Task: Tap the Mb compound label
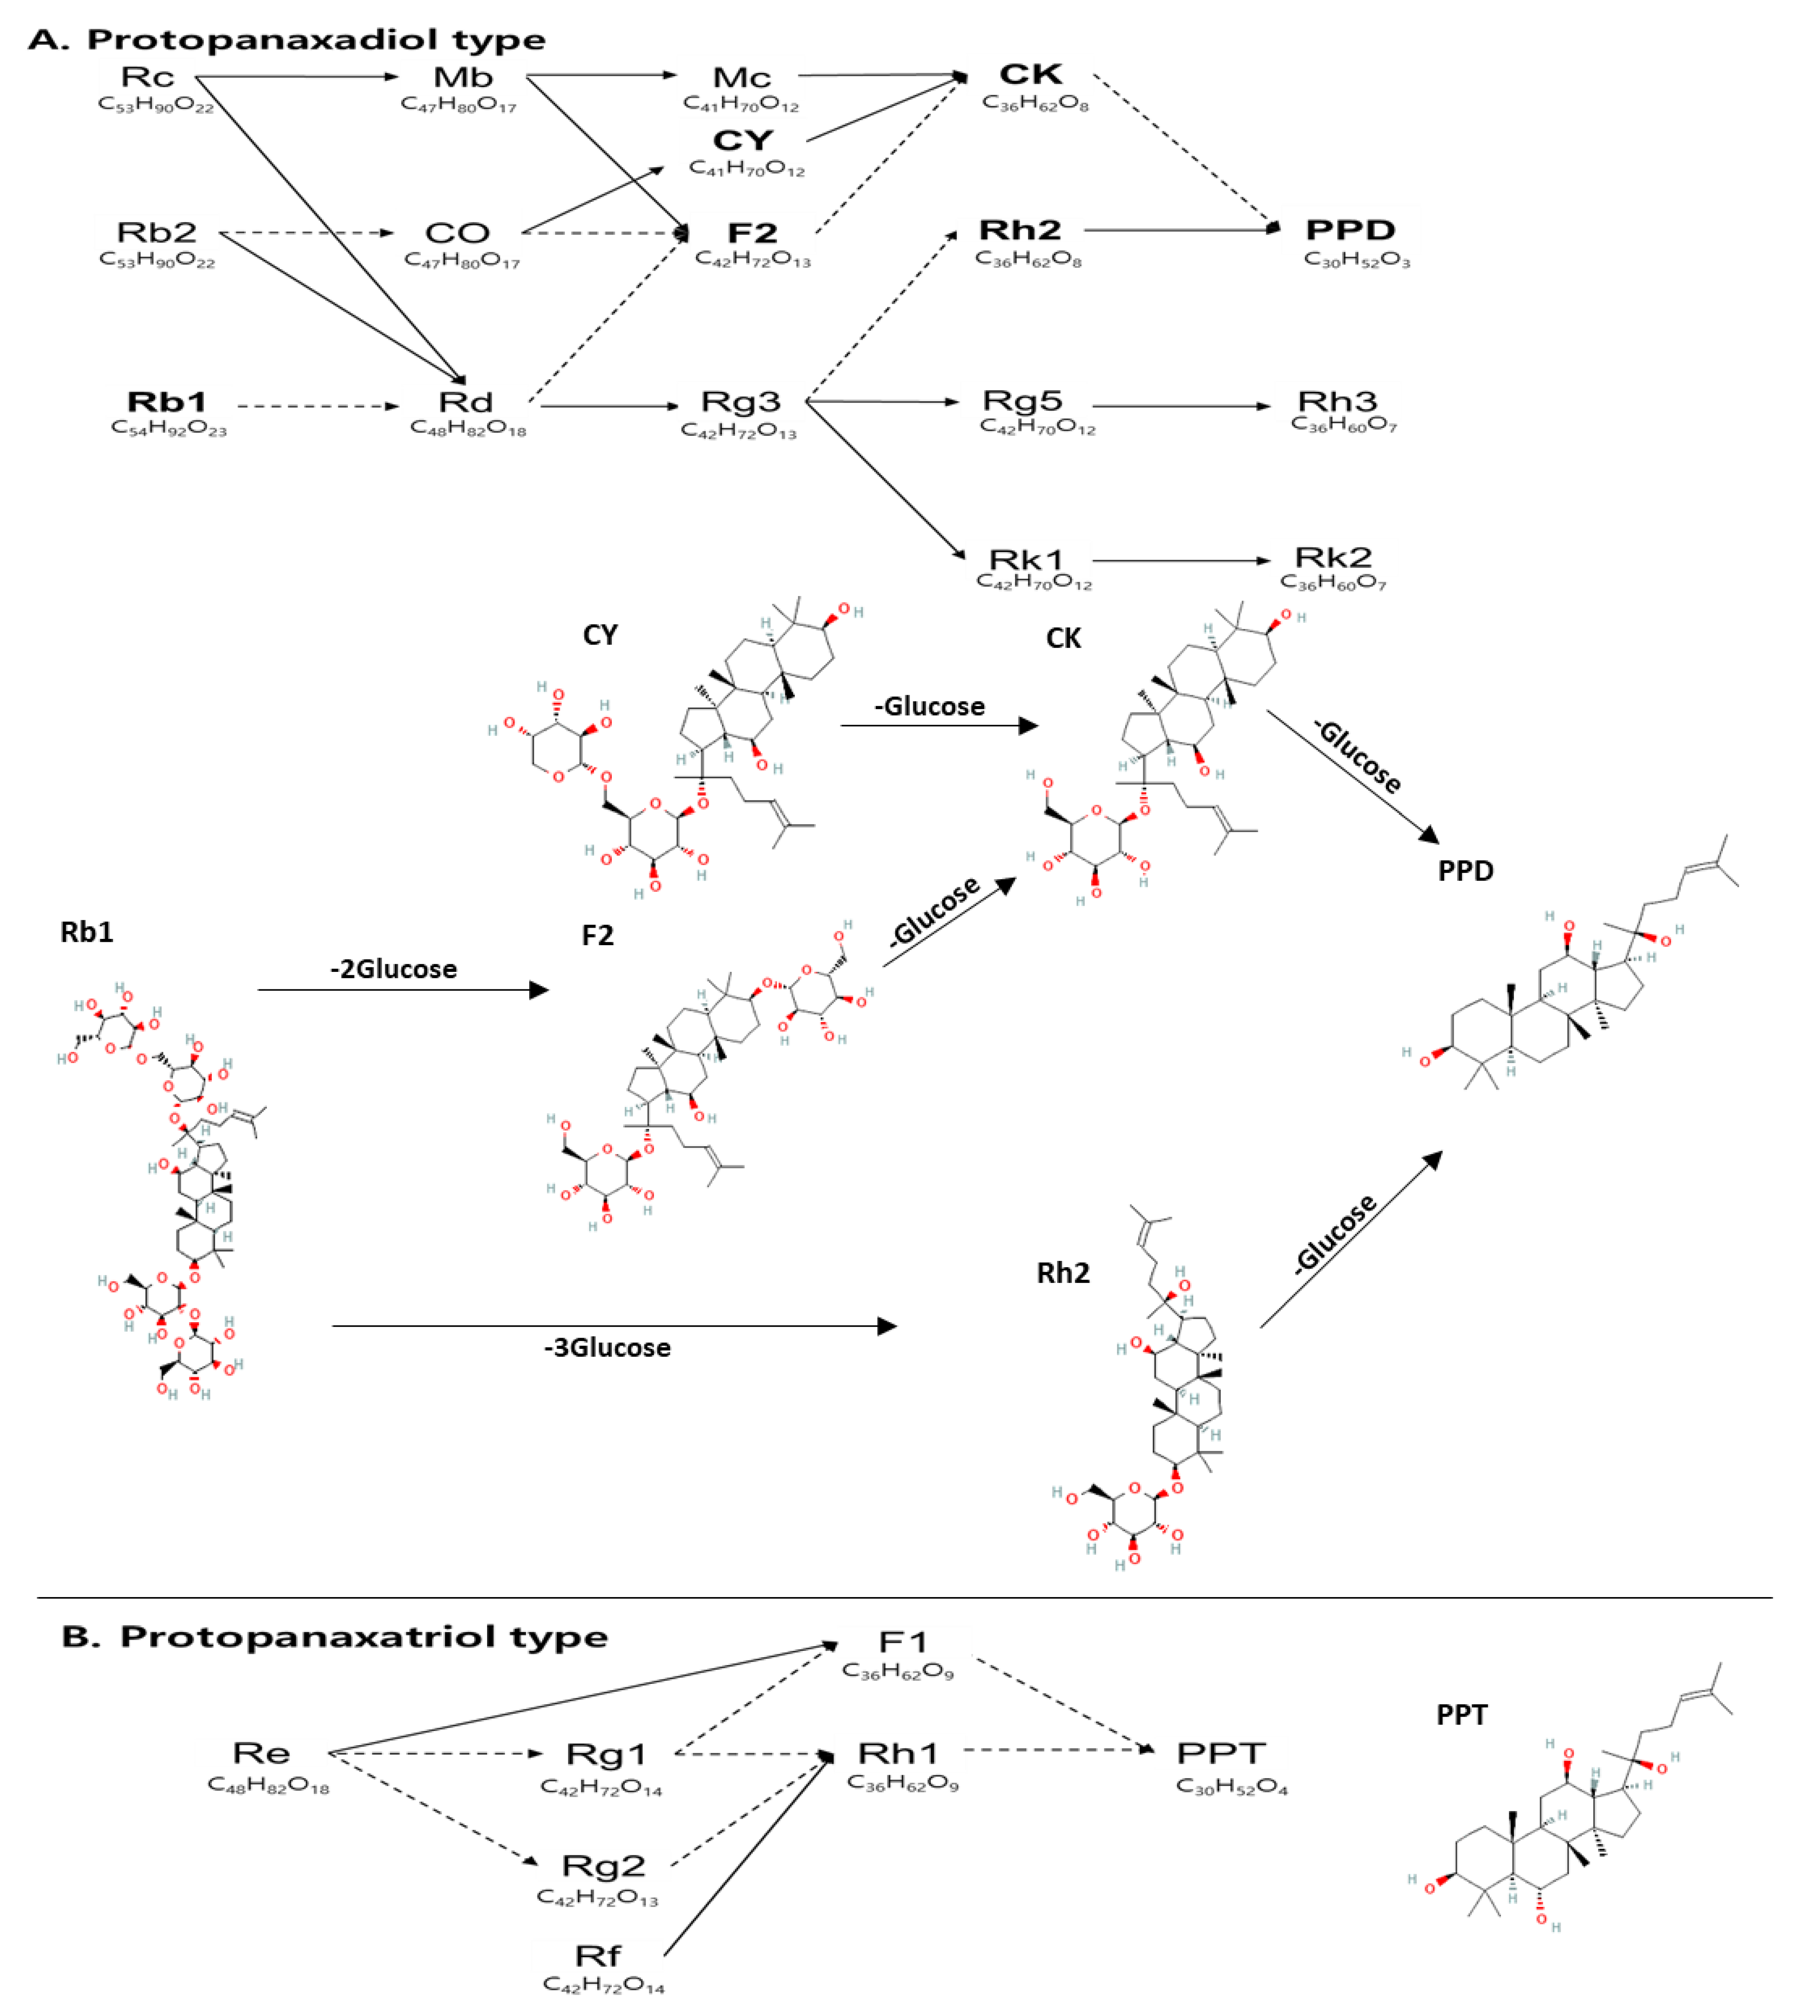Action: coord(463,77)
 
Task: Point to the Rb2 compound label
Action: coord(157,233)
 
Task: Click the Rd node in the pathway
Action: coord(465,403)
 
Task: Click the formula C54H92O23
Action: coord(168,430)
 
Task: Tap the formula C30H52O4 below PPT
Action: coord(1232,1787)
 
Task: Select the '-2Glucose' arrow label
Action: coord(394,969)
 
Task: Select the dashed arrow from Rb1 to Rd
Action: coord(317,405)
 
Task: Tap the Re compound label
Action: coord(261,1753)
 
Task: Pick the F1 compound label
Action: coord(903,1642)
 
